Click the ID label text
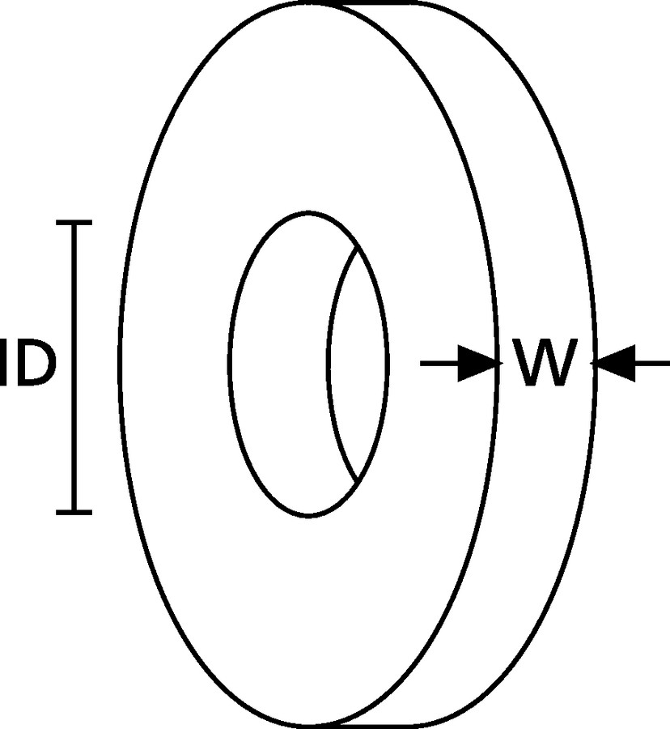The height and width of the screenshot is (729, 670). pos(28,363)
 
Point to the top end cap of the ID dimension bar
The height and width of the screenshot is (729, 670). pos(74,223)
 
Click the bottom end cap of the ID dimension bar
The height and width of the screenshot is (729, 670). pos(74,513)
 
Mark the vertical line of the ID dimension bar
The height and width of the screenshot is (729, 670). pos(74,367)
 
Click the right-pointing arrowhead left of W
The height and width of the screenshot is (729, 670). pos(477,363)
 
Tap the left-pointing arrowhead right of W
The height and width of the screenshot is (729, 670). pos(616,363)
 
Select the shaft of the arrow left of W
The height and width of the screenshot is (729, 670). pos(439,363)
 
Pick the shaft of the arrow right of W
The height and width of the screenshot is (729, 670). pos(652,363)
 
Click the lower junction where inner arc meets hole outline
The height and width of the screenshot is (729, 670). pos(357,482)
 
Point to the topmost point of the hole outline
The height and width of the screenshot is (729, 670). pos(308,213)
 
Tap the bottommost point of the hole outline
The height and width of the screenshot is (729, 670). pos(308,516)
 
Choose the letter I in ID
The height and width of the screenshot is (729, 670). pos(4,363)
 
